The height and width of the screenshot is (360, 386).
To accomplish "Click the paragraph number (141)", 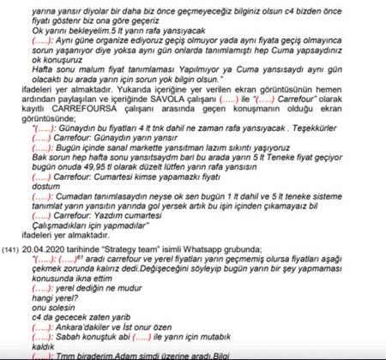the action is click(x=13, y=248).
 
